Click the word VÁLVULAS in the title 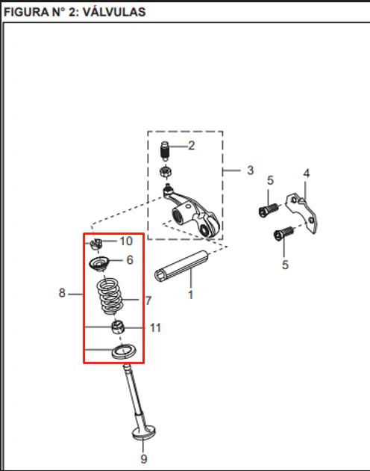tap(114, 12)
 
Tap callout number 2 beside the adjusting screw tap(191, 146)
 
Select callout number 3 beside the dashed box tap(251, 170)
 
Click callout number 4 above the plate tap(306, 173)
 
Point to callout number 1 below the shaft tap(191, 295)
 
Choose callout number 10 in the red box tap(126, 241)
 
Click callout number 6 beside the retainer tap(130, 260)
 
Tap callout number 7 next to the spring tap(148, 301)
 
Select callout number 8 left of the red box tap(62, 293)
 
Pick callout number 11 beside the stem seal tap(155, 327)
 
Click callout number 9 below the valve tap(144, 459)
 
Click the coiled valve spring tap(110, 296)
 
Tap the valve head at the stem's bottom tap(144, 433)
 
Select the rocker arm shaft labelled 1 tap(182, 266)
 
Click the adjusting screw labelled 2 tap(165, 151)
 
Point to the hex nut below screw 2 tap(165, 172)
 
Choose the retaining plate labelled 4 tap(301, 212)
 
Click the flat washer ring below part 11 tap(124, 351)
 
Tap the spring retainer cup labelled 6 tap(99, 264)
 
